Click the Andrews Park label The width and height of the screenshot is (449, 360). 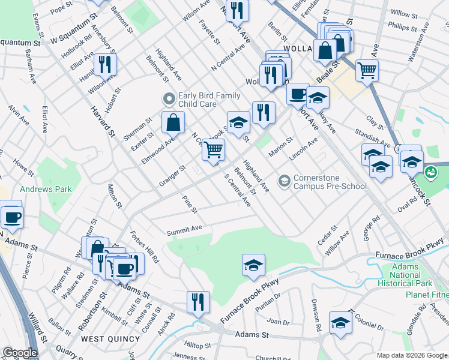click(x=46, y=189)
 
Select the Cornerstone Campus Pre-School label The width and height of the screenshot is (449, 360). click(x=330, y=182)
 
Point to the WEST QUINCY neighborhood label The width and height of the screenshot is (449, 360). click(x=106, y=339)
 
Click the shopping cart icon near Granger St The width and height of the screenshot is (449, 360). click(x=213, y=149)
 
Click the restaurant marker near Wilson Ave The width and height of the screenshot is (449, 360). click(x=106, y=64)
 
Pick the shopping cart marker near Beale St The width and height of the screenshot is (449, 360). click(x=367, y=70)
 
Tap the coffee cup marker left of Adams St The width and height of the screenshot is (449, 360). click(x=11, y=217)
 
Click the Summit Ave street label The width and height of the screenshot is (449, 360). click(x=184, y=229)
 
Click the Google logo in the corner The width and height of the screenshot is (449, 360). click(x=20, y=353)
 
